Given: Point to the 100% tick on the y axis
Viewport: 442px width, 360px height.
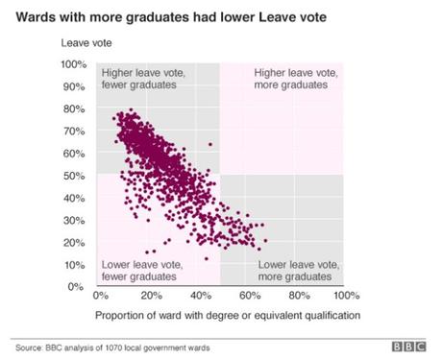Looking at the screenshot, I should [x=74, y=64].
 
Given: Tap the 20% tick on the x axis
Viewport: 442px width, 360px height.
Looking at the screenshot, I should [x=151, y=297].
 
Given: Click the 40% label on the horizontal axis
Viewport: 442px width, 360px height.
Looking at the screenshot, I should [x=200, y=297].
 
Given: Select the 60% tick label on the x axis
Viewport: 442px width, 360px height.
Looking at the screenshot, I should [x=249, y=297].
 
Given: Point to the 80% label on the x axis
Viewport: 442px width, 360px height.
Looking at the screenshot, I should [x=298, y=297].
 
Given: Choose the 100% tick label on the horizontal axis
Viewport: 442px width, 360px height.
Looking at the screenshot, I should [x=346, y=297].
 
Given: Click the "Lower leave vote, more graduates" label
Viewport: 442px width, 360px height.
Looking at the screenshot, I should [x=299, y=270].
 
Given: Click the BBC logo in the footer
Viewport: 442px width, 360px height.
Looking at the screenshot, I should [x=413, y=346].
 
